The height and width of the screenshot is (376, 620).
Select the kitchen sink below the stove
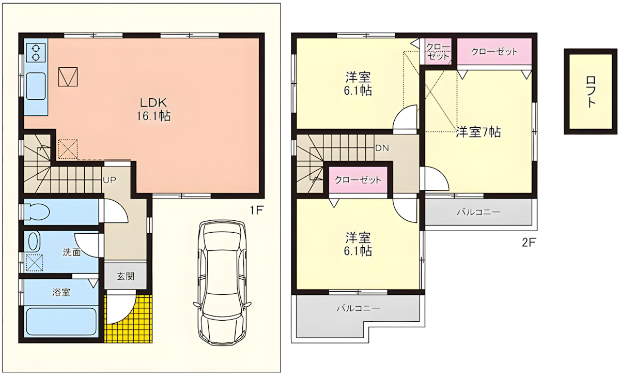click(36, 85)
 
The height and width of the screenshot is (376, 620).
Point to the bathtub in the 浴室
click(61, 322)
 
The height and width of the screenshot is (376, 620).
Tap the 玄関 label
click(125, 276)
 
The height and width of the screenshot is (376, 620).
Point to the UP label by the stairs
click(109, 180)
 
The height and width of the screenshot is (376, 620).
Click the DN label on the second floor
click(382, 147)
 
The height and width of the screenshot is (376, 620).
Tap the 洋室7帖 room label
click(478, 132)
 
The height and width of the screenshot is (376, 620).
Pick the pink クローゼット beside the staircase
click(358, 180)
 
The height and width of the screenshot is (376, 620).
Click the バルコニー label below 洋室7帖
click(478, 212)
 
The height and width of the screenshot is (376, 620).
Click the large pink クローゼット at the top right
click(494, 52)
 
